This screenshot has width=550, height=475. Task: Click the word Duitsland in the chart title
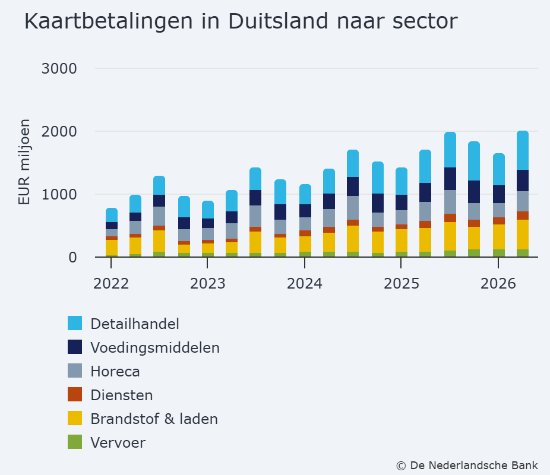coord(278,21)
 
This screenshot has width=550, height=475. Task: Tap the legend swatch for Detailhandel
coord(75,323)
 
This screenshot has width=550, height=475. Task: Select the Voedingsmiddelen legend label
coord(155,347)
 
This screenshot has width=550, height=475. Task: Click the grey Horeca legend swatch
coord(75,370)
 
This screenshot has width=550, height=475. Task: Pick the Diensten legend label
coord(122,395)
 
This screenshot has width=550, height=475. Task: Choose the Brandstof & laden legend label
coord(154,419)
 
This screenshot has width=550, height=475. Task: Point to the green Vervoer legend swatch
coord(75,442)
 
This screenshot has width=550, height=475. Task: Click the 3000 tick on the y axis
coord(59,68)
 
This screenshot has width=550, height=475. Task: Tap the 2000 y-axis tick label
coord(59,131)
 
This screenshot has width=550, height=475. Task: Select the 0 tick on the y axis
coord(72,257)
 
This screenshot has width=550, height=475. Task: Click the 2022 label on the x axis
coord(111,284)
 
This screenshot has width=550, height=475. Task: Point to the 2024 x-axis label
coord(305,284)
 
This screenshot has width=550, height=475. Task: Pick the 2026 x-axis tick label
coord(498,284)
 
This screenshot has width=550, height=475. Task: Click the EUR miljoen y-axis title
coord(24,162)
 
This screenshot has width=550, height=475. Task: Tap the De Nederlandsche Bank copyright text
coord(467,465)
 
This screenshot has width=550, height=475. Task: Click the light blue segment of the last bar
coord(523,150)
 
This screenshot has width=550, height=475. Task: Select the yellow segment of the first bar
coord(112,248)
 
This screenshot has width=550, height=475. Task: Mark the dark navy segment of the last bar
coord(523,180)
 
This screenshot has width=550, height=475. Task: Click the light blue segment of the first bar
coord(112,215)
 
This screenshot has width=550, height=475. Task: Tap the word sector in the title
coord(425,21)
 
